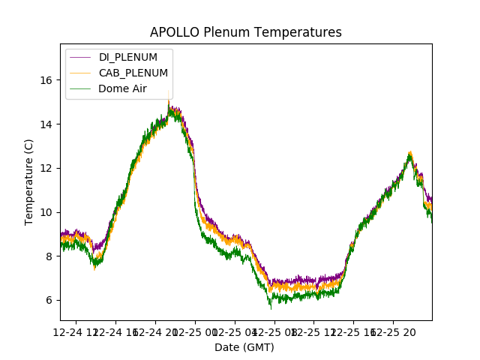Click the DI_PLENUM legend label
tap(128, 58)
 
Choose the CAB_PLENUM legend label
tap(133, 73)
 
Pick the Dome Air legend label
tap(123, 88)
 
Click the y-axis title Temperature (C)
tap(29, 182)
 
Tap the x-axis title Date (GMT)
tap(244, 347)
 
